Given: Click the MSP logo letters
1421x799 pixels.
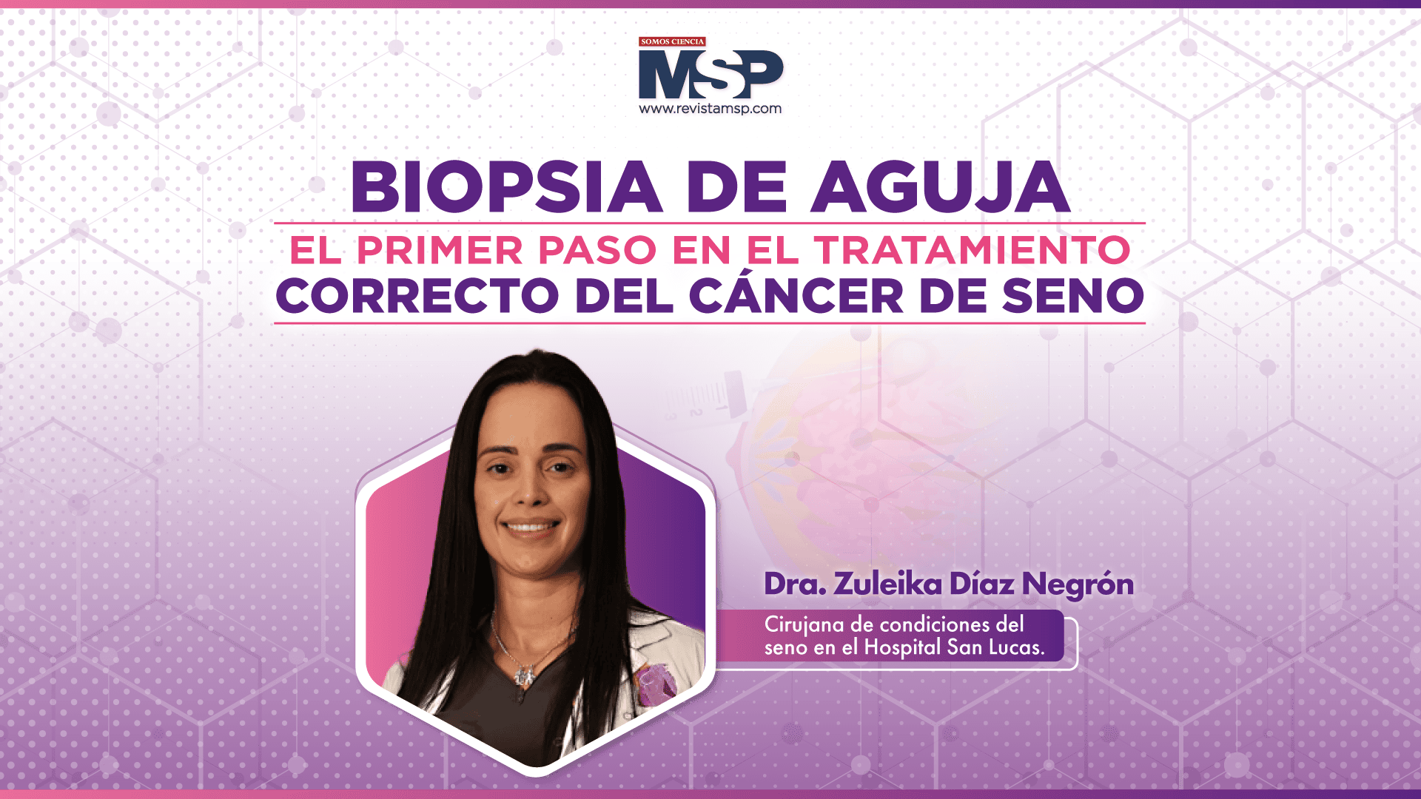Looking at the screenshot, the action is point(710,74).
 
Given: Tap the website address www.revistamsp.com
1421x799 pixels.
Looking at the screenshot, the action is point(710,109).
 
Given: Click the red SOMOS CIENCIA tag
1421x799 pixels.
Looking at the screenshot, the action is point(672,42).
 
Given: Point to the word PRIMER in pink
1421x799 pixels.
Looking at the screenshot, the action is point(440,250).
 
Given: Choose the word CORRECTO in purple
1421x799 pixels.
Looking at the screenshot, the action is point(417,296).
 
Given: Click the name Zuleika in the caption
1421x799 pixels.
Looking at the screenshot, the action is point(887,584).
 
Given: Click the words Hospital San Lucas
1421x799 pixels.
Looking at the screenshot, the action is point(954,647).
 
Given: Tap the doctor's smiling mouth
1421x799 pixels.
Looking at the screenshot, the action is point(530,527).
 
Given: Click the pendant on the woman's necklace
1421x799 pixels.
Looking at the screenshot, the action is point(525,675).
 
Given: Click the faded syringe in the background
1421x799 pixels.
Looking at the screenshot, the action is point(703,400).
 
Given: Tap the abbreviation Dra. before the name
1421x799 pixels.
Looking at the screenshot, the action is point(795,584).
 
